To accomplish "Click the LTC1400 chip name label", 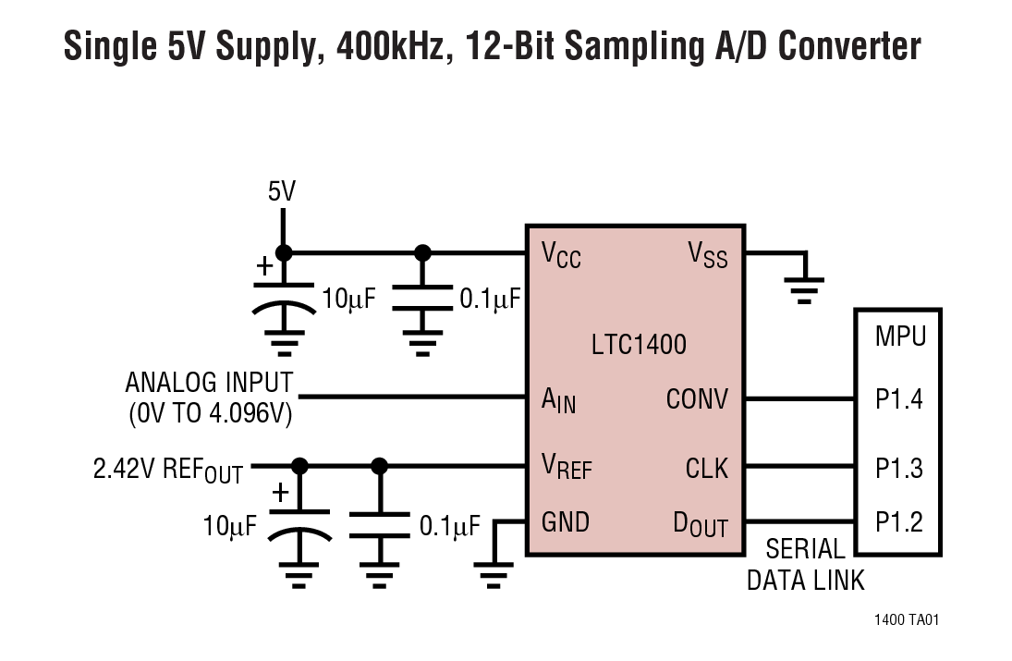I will [639, 346].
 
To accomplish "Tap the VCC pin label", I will [561, 254].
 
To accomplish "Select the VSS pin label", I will [707, 254].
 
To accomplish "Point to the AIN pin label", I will [558, 401].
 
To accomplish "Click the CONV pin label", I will [697, 400].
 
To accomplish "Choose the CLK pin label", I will [706, 468].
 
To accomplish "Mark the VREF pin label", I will [566, 468].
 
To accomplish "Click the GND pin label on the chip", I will [565, 522].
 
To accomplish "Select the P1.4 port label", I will [898, 400].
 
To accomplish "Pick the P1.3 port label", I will [898, 468].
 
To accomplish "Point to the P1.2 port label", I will [898, 522].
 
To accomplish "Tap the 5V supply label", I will [282, 192].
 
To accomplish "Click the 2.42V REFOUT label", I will [167, 470].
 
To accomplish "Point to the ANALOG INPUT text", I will [209, 383].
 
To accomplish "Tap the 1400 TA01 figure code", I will [906, 620].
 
